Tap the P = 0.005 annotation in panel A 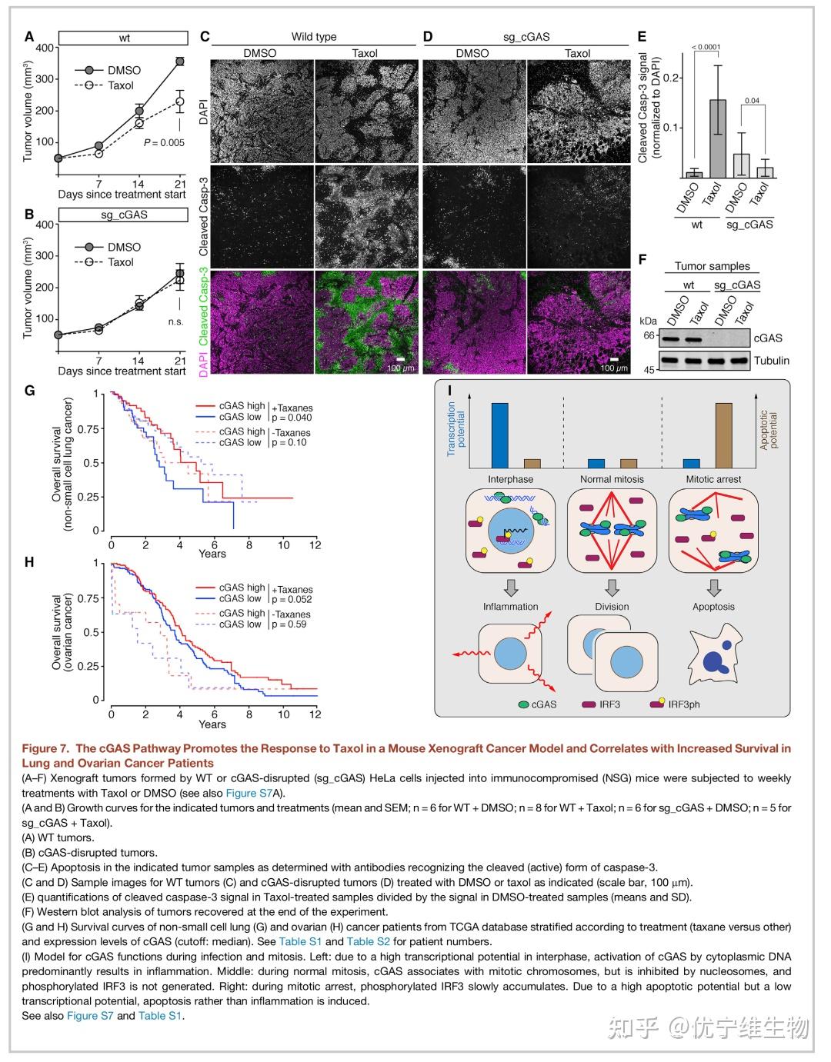[164, 142]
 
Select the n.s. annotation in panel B [176, 321]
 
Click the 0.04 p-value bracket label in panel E [752, 101]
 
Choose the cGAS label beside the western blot [768, 338]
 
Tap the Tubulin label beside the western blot [771, 361]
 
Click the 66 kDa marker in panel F [649, 335]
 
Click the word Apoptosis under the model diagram [713, 607]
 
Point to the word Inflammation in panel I [510, 607]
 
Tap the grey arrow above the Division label [612, 588]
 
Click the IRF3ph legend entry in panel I [684, 704]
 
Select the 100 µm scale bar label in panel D [615, 368]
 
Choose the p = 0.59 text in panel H [289, 624]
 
